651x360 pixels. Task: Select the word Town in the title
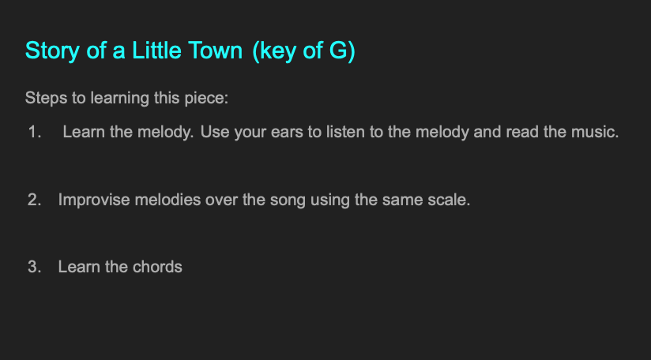pyautogui.click(x=215, y=51)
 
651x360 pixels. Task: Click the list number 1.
pyautogui.click(x=35, y=132)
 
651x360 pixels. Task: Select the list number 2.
pyautogui.click(x=35, y=200)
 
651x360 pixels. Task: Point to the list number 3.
pyautogui.click(x=35, y=267)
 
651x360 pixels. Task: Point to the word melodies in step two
pyautogui.click(x=167, y=200)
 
